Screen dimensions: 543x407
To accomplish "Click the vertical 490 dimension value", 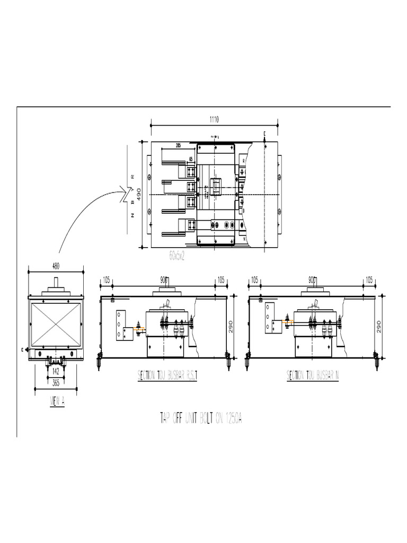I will coord(139,194).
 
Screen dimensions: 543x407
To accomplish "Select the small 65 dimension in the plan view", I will coord(190,159).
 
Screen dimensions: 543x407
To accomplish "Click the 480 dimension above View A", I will coord(56,267).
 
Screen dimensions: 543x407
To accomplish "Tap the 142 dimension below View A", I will coord(56,371).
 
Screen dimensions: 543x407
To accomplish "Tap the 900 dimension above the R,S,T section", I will coord(164,279).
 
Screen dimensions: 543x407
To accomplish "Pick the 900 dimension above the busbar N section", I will coord(312,279).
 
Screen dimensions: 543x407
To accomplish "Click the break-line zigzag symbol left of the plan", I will coord(127,194).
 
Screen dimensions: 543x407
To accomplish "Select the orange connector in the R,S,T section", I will coord(140,329).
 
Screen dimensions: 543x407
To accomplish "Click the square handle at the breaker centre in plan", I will coord(216,187).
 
